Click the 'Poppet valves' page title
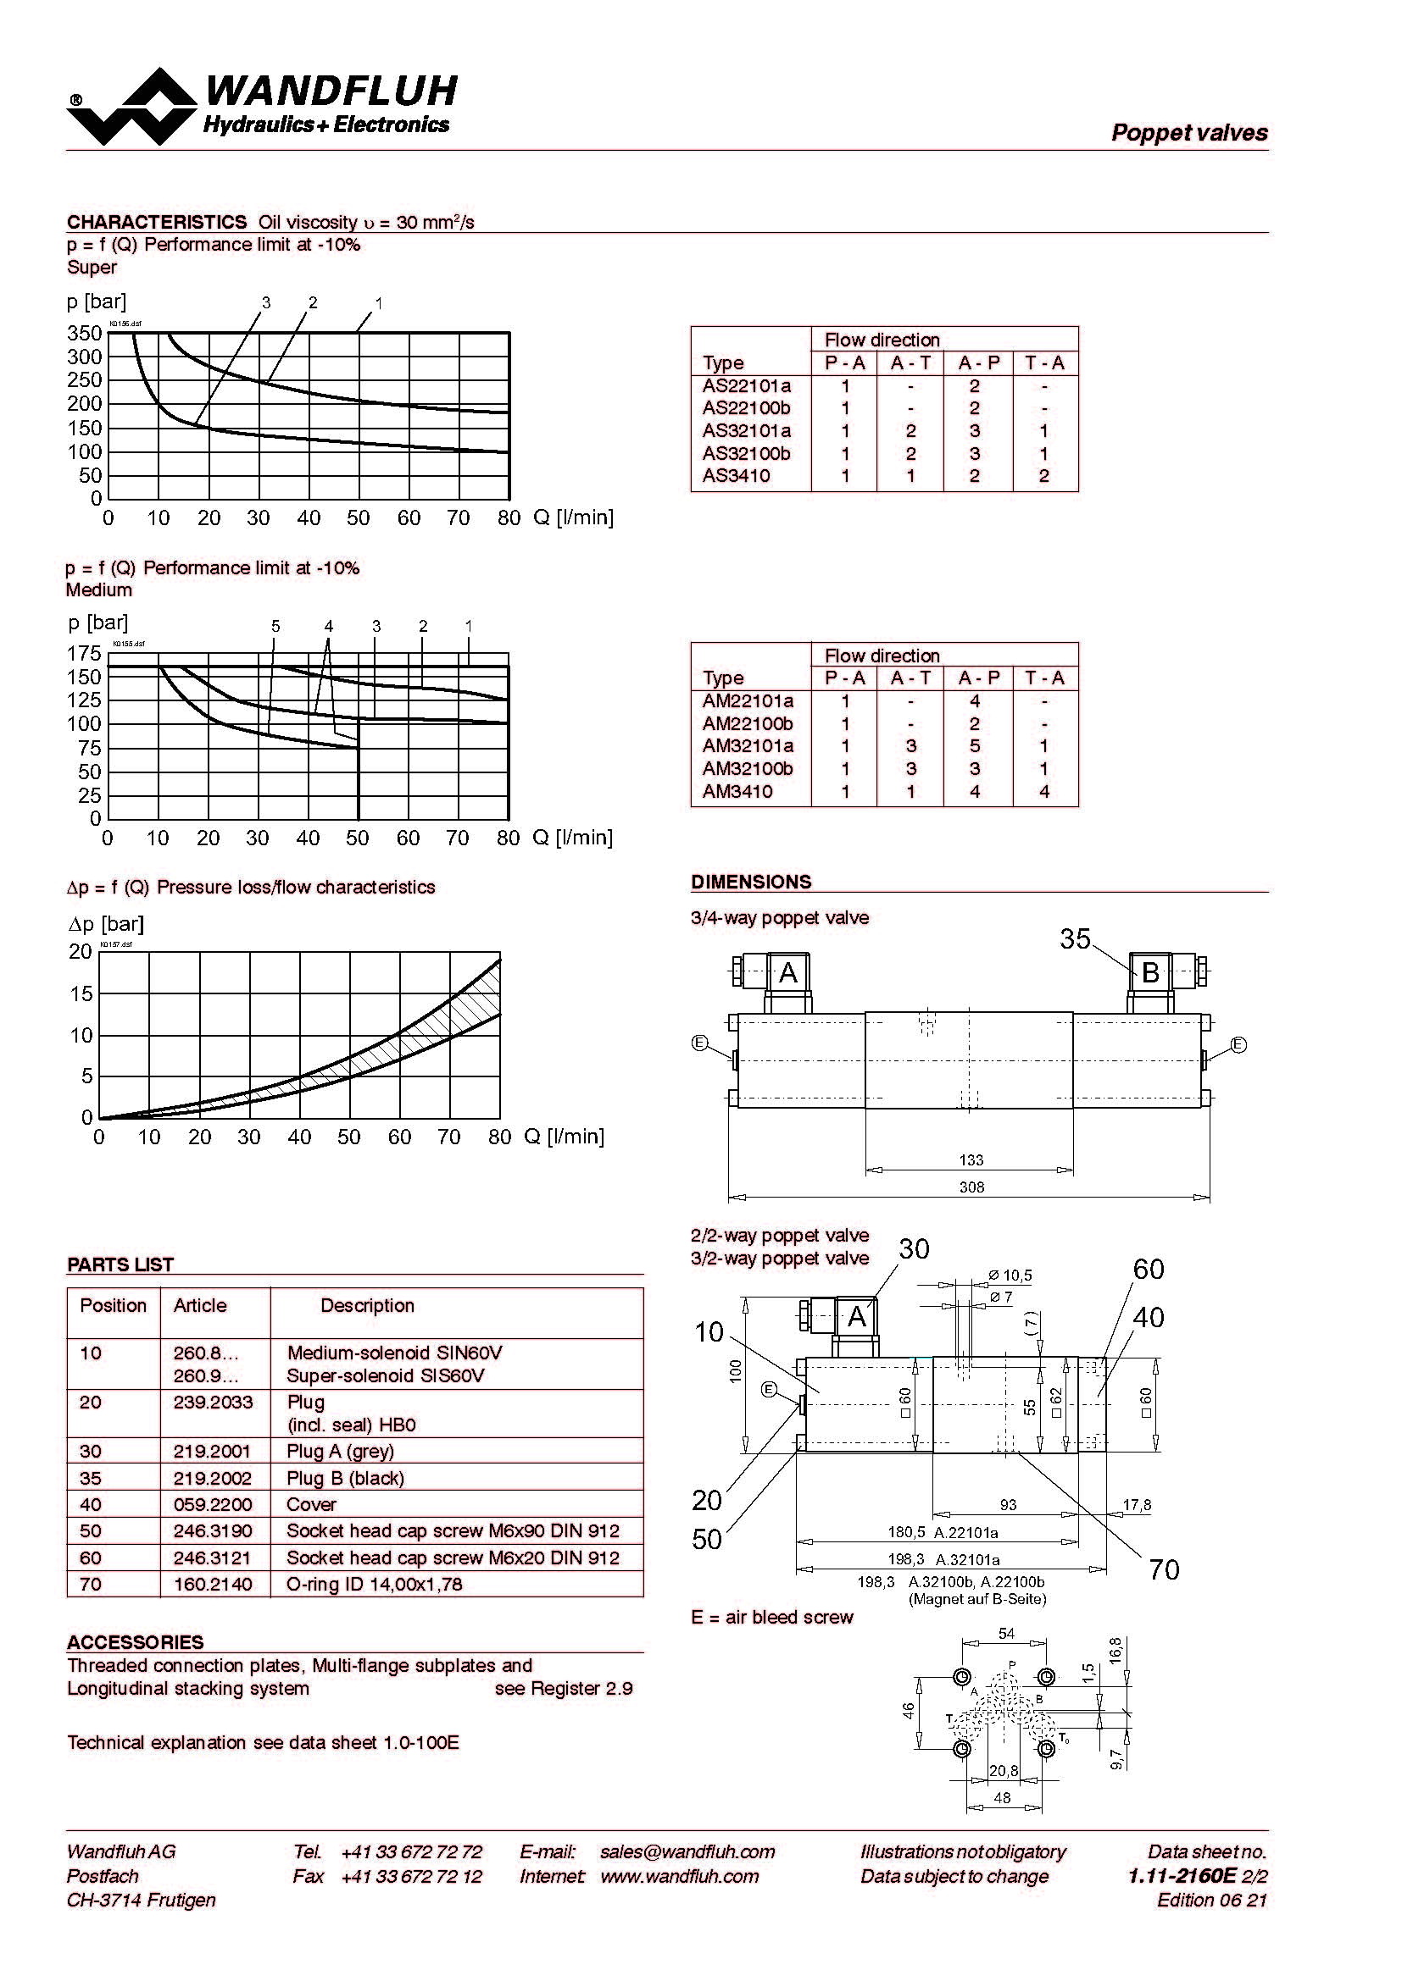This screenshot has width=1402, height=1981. coord(1188,133)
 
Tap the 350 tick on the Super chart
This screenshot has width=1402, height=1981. coord(85,333)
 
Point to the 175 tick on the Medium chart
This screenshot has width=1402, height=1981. coord(85,654)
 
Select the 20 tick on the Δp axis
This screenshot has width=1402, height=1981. coord(81,951)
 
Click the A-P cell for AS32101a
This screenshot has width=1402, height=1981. coord(974,430)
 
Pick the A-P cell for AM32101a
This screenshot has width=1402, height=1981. coord(974,746)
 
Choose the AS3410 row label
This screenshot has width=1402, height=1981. coord(736,476)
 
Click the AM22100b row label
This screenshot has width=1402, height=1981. coord(747,724)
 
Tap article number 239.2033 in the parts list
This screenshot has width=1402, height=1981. coord(213,1402)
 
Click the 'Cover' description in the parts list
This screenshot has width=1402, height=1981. coord(311,1504)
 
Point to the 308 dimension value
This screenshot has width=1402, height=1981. coord(971,1187)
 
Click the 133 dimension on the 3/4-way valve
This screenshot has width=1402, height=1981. coord(971,1159)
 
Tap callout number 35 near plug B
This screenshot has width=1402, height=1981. coord(1075,939)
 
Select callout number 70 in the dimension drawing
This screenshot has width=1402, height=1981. coord(1164,1569)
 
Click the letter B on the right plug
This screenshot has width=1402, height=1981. coord(1150,973)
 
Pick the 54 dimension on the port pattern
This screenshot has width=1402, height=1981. coord(1007,1633)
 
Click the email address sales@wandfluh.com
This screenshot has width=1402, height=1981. coord(687,1851)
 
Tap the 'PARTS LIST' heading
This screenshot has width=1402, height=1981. coord(121,1264)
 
